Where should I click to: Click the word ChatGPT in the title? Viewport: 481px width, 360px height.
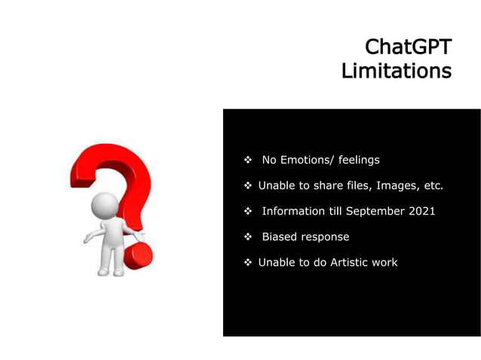point(408,47)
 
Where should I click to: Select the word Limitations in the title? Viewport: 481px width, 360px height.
point(396,71)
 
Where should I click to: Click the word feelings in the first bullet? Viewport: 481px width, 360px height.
point(359,160)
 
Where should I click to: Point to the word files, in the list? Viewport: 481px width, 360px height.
point(350,185)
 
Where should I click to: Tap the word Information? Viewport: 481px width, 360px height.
point(293,211)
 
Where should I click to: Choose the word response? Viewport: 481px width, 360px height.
point(325,236)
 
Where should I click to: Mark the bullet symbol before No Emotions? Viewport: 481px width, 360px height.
point(247,160)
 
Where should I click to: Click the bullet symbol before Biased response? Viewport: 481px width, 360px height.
point(247,237)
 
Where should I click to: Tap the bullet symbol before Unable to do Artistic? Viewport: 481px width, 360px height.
point(247,263)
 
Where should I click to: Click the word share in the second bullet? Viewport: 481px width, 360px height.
point(313,185)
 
